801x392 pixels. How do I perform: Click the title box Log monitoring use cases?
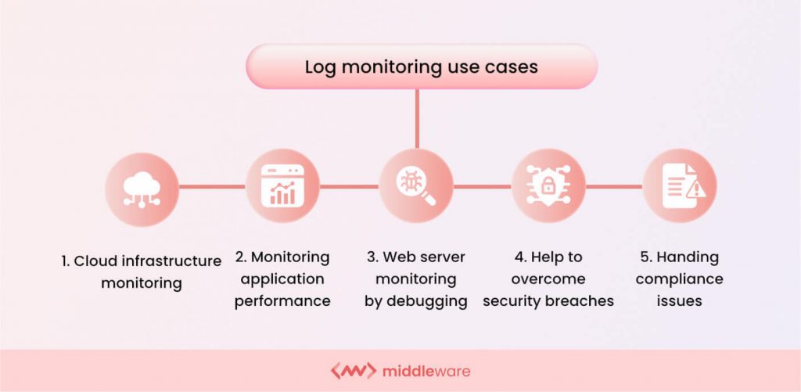click(x=422, y=67)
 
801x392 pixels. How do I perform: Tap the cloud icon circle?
click(x=142, y=187)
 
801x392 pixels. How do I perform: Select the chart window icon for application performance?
click(x=282, y=187)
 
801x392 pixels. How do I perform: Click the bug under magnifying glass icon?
click(x=415, y=187)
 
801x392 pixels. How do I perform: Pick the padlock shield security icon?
click(x=548, y=187)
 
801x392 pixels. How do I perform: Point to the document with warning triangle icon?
click(x=679, y=187)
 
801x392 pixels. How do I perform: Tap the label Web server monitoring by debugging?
click(x=416, y=279)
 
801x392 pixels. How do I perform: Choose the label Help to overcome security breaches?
click(x=548, y=279)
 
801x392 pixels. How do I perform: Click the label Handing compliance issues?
click(x=679, y=279)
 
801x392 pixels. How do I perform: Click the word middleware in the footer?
click(x=427, y=370)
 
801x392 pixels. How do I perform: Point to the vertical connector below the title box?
click(x=416, y=117)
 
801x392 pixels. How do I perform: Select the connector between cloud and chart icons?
click(x=212, y=187)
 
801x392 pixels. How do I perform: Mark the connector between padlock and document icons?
click(x=614, y=187)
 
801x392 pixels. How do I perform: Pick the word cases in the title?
click(x=513, y=67)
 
